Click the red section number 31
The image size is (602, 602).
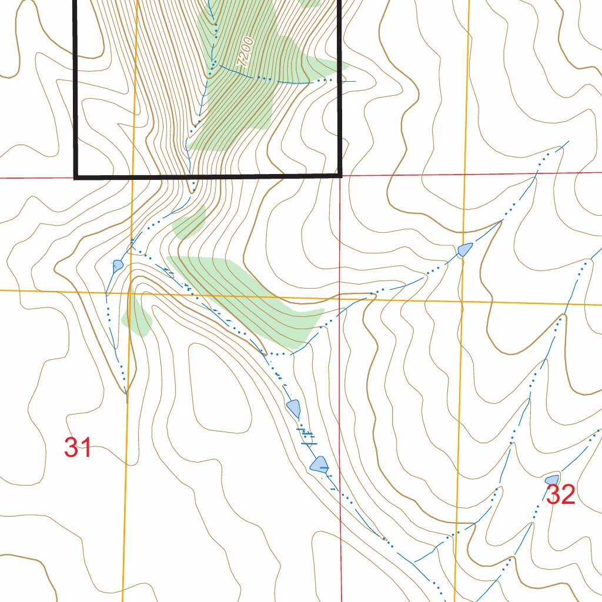78,448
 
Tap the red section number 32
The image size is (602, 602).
560,495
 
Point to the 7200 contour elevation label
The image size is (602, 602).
245,52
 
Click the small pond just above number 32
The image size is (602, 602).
551,480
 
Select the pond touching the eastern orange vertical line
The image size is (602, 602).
464,250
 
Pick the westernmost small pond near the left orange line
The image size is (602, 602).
118,265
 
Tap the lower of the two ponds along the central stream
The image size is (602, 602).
319,464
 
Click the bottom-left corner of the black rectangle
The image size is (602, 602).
76,175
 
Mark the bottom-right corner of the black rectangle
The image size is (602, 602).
340,175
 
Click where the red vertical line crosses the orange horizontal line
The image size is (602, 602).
340,297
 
